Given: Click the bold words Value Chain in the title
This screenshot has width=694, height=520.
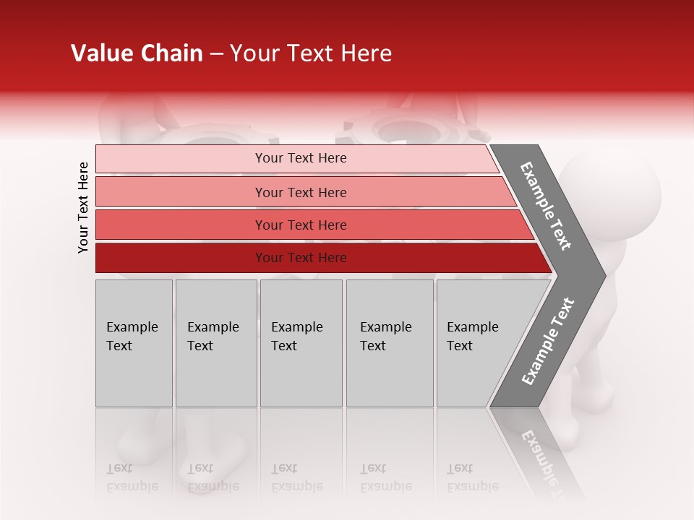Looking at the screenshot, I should tap(137, 53).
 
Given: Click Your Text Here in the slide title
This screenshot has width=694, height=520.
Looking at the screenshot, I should tap(311, 53).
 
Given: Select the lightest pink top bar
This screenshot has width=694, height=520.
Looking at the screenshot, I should tap(181, 159).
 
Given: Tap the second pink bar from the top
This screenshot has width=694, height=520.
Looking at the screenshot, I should tap(181, 192).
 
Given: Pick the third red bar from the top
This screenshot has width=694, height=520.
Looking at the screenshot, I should tap(181, 225).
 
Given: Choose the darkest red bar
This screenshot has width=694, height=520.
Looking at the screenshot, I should tap(181, 258).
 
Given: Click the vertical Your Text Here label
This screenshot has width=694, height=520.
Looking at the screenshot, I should tap(83, 207).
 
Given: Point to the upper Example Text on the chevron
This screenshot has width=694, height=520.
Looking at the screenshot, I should tap(546, 206).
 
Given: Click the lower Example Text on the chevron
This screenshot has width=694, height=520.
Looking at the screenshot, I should tap(547, 342).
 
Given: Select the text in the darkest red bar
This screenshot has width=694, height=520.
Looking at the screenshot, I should tap(301, 258).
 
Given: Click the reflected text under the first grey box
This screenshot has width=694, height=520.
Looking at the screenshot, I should tap(132, 477).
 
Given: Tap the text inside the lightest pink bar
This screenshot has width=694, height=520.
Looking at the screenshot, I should tap(301, 158).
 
